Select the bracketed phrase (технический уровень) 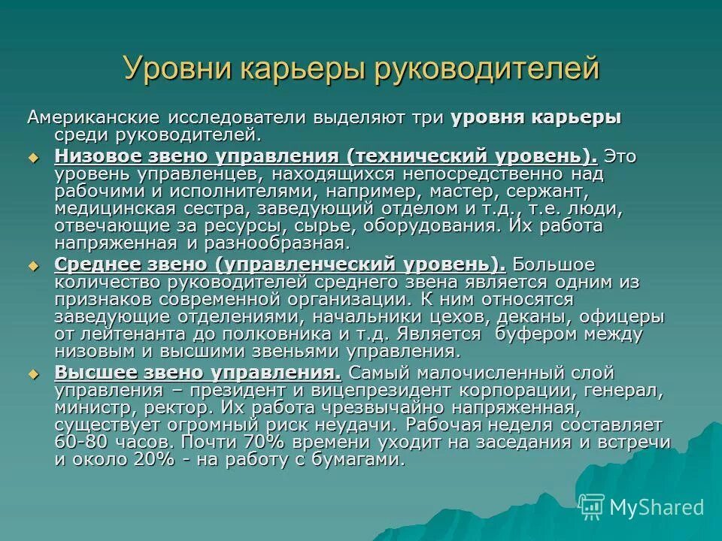[x=472, y=157]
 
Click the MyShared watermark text [x=656, y=507]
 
